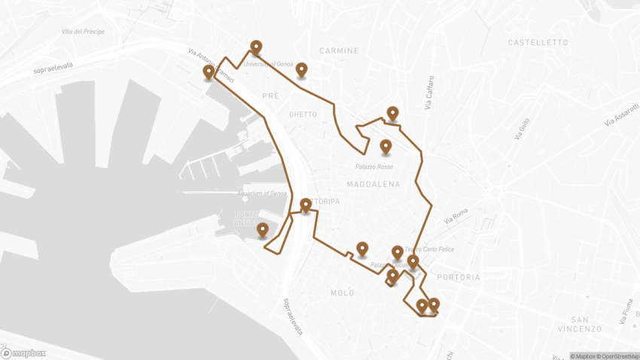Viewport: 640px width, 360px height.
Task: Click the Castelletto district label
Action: pyautogui.click(x=538, y=43)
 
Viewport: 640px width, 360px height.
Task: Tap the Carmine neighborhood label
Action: pyautogui.click(x=339, y=51)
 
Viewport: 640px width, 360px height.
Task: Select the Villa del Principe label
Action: pyautogui.click(x=84, y=32)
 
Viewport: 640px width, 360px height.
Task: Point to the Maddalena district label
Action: pyautogui.click(x=373, y=184)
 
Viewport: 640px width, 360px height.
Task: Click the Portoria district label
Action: pyautogui.click(x=458, y=277)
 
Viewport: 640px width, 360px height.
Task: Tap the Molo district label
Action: pyautogui.click(x=342, y=292)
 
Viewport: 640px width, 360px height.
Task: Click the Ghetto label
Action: pyautogui.click(x=303, y=114)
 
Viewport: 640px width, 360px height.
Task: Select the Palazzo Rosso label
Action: pyautogui.click(x=375, y=166)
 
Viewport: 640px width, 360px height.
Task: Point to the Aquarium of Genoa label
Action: pyautogui.click(x=263, y=194)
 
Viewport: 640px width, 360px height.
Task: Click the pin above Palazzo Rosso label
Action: pyautogui.click(x=386, y=145)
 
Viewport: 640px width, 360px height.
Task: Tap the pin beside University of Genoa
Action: pyautogui.click(x=301, y=69)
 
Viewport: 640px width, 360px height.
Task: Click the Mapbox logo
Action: pyautogui.click(x=24, y=352)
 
